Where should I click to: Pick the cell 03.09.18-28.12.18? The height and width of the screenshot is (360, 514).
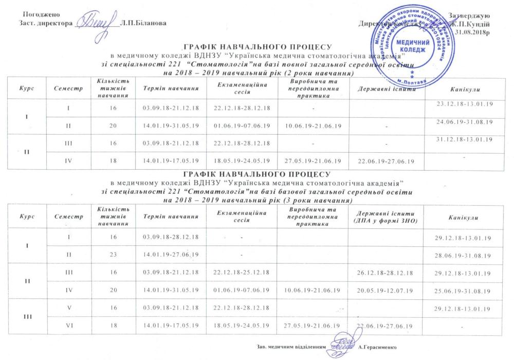170,238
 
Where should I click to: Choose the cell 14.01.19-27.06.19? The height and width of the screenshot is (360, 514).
170,255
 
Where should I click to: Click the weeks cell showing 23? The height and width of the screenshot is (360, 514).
114,255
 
